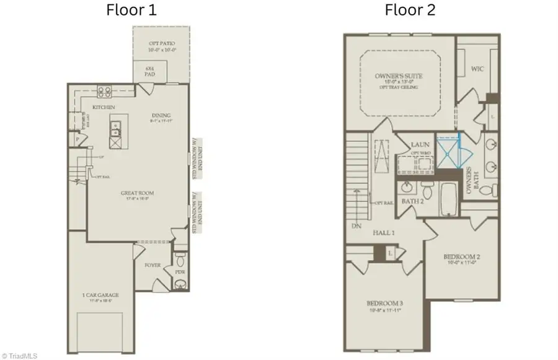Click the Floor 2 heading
(x=410, y=10)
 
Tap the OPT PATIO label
(x=161, y=43)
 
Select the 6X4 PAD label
(x=149, y=71)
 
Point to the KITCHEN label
(x=104, y=107)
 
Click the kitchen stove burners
(x=104, y=92)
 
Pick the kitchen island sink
(x=115, y=129)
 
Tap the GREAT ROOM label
(x=138, y=193)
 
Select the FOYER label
(x=153, y=265)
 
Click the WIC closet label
(x=477, y=69)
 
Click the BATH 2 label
(x=412, y=201)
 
